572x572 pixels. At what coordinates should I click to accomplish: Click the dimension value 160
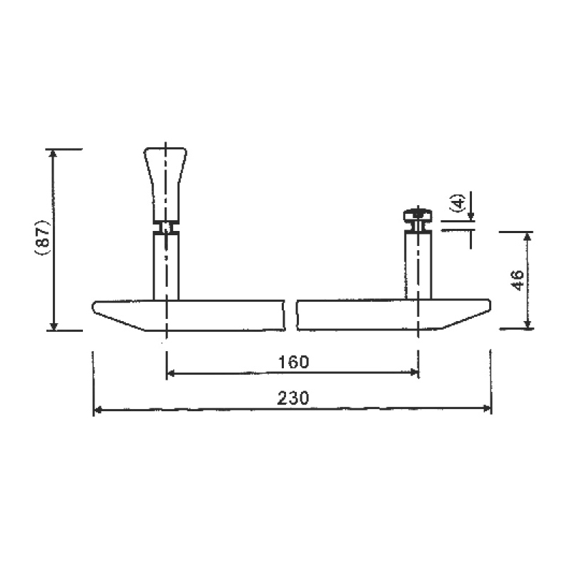(293, 362)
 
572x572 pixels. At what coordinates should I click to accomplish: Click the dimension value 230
(293, 398)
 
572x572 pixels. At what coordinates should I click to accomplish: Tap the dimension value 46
(518, 280)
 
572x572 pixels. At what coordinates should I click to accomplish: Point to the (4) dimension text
(458, 202)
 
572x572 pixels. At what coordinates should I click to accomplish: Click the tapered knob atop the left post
(166, 185)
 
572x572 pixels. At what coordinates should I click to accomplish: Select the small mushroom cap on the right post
(418, 215)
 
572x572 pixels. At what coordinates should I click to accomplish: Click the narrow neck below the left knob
(166, 228)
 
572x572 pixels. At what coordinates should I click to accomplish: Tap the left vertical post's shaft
(166, 267)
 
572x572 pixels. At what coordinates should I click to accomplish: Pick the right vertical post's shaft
(418, 265)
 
